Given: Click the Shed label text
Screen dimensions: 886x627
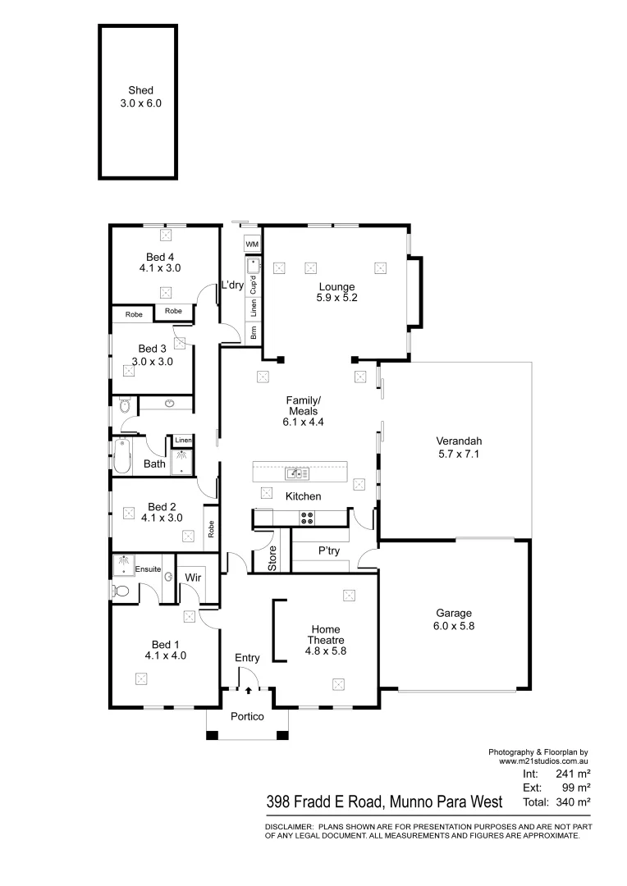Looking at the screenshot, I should point(140,91).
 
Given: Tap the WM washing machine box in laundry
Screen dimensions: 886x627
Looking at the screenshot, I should point(252,244).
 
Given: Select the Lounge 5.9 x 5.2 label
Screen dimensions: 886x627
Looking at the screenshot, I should point(336,293).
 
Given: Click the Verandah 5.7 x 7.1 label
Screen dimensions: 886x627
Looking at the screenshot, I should point(458,447).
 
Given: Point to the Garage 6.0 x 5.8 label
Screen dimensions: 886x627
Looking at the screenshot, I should point(454,619).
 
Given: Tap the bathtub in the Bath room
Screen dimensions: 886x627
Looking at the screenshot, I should point(122,456).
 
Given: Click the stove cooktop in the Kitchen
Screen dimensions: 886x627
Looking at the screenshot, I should point(307,518).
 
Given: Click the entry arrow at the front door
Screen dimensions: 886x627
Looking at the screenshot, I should point(248,691).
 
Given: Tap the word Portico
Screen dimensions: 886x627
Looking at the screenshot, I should point(247,717).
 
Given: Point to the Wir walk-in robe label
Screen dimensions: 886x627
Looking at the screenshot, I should point(194,578).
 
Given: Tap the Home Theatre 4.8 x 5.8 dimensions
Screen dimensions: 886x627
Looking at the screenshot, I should point(325,651).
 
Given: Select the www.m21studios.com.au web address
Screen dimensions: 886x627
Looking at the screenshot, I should point(545,761).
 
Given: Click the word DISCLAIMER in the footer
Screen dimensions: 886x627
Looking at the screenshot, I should point(287,827).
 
